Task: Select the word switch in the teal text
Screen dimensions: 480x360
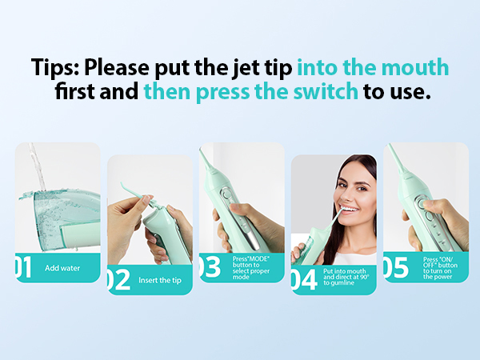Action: pyautogui.click(x=326, y=91)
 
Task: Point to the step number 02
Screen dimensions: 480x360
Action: pyautogui.click(x=118, y=280)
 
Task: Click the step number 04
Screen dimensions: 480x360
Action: pyautogui.click(x=304, y=279)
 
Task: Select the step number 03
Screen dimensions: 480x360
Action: pyautogui.click(x=210, y=267)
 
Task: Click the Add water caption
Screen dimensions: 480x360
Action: pyautogui.click(x=62, y=268)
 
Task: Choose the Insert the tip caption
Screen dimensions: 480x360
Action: pyautogui.click(x=160, y=281)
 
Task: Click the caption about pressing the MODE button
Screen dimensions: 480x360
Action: pyautogui.click(x=251, y=268)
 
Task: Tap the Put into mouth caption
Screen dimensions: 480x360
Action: pyautogui.click(x=346, y=277)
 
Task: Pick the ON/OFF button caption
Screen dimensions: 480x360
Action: pyautogui.click(x=440, y=268)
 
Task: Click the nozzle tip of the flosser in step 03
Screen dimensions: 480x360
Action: pyautogui.click(x=201, y=150)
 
